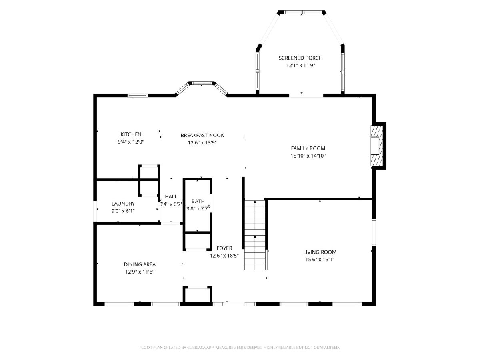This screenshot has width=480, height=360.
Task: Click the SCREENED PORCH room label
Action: [x=300, y=58]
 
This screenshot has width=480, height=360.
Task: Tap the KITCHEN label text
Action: [x=131, y=134]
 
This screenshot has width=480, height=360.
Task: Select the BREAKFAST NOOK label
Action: [x=202, y=135]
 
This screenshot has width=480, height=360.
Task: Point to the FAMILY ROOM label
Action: [x=308, y=148]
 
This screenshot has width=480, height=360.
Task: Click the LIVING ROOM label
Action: [x=320, y=252]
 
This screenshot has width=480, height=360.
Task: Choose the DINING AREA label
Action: [x=140, y=264]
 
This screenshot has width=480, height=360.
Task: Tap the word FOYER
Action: [x=224, y=248]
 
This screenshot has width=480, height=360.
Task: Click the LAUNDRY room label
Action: [x=123, y=204]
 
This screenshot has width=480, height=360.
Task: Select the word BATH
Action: [x=198, y=201]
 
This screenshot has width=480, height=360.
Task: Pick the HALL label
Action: [x=171, y=196]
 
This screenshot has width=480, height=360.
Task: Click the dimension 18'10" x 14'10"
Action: [x=308, y=156]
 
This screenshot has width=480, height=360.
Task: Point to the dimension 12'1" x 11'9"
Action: [x=300, y=65]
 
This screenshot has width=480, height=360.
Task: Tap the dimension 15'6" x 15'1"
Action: [x=320, y=260]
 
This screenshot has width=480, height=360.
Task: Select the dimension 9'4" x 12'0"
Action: [x=131, y=142]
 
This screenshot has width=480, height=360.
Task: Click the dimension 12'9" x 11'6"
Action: [x=140, y=272]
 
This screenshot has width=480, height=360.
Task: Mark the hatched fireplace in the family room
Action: [x=376, y=146]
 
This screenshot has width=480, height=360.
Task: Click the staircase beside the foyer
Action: [x=255, y=235]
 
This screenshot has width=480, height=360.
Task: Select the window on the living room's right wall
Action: [x=374, y=232]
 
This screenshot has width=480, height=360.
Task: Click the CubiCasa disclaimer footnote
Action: [x=240, y=347]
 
